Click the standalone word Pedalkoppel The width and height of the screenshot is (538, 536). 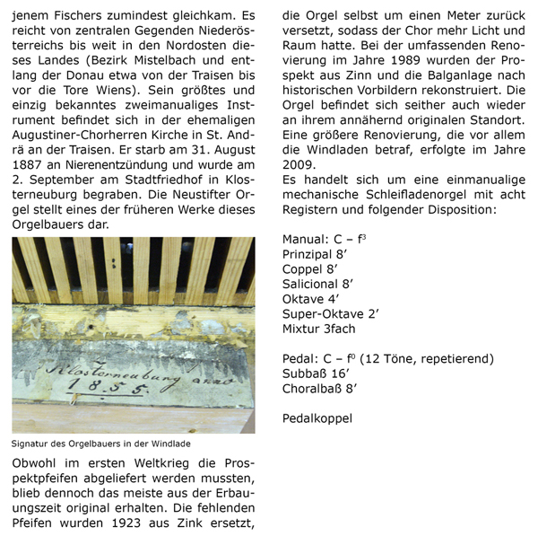[x=317, y=419]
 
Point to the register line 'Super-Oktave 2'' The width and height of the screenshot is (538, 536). [x=331, y=313]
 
